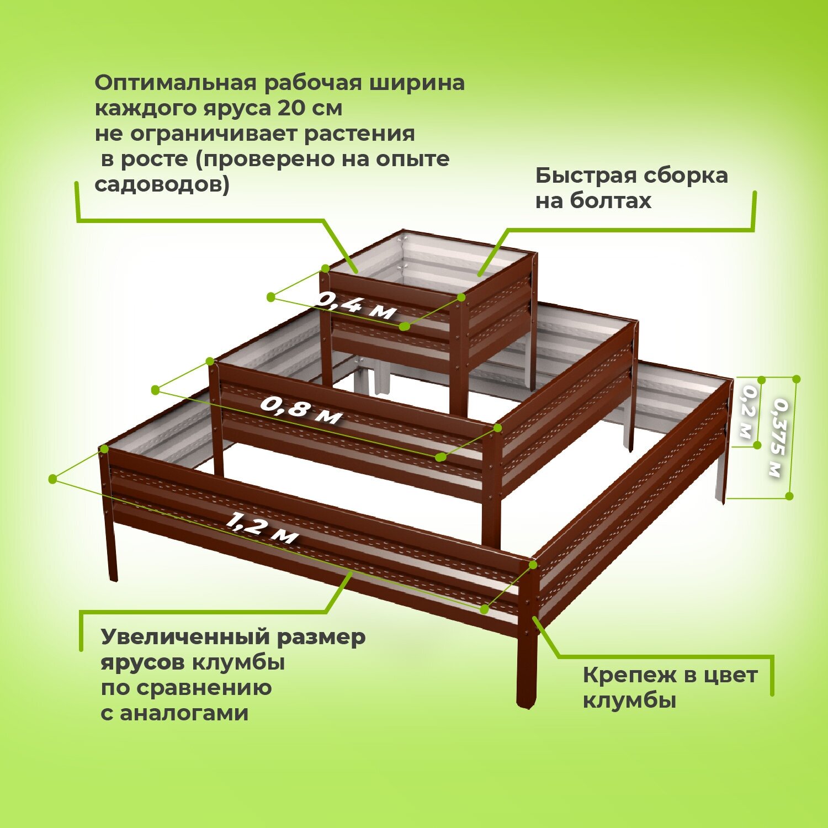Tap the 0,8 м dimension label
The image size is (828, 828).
coord(301,409)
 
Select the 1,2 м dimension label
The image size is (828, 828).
coord(262,527)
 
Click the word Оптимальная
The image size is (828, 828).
coord(176,83)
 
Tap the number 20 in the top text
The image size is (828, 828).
coord(291,108)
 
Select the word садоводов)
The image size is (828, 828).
coord(162,184)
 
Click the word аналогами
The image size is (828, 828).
coord(184,713)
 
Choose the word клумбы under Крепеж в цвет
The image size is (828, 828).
coord(629,701)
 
